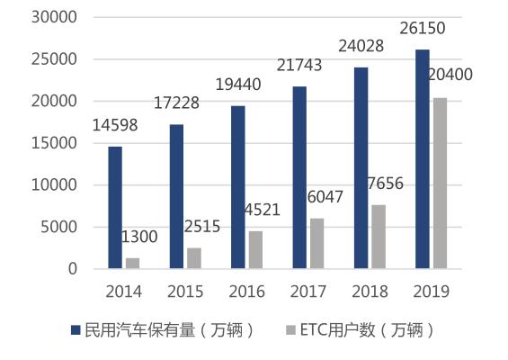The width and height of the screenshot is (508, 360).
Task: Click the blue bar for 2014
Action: tap(115, 207)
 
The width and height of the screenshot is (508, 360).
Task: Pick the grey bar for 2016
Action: tap(255, 249)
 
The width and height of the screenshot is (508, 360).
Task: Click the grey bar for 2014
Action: tap(133, 263)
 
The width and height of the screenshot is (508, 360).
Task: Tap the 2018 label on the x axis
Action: tap(370, 292)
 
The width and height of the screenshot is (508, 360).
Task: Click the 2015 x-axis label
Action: tap(185, 292)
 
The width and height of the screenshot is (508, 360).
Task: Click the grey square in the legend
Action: tap(291, 330)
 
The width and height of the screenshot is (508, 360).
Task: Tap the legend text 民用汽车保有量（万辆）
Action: tap(169, 330)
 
